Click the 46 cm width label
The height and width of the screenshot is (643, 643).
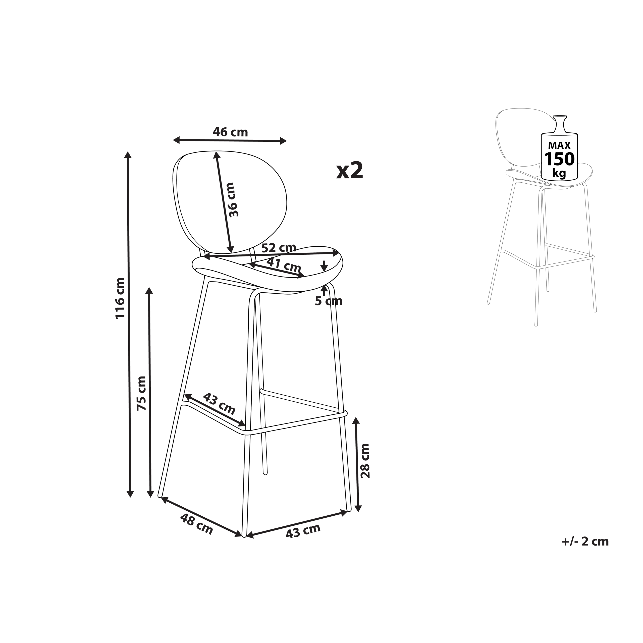point(230,132)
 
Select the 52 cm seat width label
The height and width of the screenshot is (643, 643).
point(279,248)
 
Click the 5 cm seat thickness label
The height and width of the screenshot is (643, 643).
point(329,301)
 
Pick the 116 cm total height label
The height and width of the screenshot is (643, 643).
point(120,298)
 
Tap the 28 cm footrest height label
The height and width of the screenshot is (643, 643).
point(365,461)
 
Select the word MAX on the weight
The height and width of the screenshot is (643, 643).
point(559,145)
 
